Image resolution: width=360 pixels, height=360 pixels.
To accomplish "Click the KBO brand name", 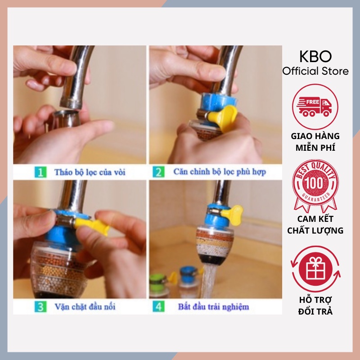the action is click(315, 57).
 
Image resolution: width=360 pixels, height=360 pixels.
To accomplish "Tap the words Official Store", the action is click(315, 71).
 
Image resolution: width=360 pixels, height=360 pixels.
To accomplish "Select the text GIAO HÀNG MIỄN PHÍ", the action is click(315, 142).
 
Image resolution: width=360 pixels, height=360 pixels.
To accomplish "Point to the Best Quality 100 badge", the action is click(315, 185).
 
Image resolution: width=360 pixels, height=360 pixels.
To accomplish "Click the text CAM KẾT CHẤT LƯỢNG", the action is click(315, 225).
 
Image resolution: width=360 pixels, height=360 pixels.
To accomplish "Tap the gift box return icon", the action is click(315, 269).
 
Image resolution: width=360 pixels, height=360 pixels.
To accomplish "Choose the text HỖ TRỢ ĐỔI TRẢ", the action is click(315, 306).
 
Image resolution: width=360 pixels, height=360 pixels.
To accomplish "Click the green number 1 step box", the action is click(40, 172).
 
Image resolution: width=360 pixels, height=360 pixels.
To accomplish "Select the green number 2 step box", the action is click(159, 172).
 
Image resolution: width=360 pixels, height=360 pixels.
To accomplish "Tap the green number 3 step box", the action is click(40, 307).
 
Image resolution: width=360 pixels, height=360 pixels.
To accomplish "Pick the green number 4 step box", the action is click(159, 307).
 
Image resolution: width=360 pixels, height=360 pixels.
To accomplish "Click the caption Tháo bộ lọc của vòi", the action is click(90, 172).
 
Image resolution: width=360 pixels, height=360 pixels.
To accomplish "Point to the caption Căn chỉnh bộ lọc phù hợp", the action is click(220, 172).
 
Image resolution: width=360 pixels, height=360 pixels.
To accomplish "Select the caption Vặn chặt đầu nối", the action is click(85, 307).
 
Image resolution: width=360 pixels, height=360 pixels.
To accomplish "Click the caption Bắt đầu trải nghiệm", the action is click(213, 307).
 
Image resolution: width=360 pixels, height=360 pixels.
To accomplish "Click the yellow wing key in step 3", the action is click(93, 225).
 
